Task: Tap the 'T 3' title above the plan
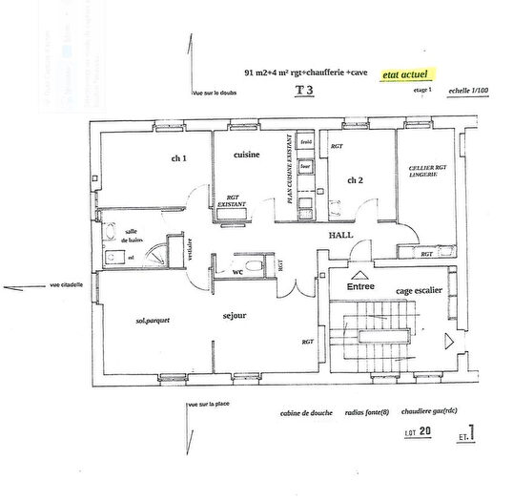pos(304,91)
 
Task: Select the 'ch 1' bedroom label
pos(178,159)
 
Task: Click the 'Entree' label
pos(360,285)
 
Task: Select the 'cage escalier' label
pos(420,289)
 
